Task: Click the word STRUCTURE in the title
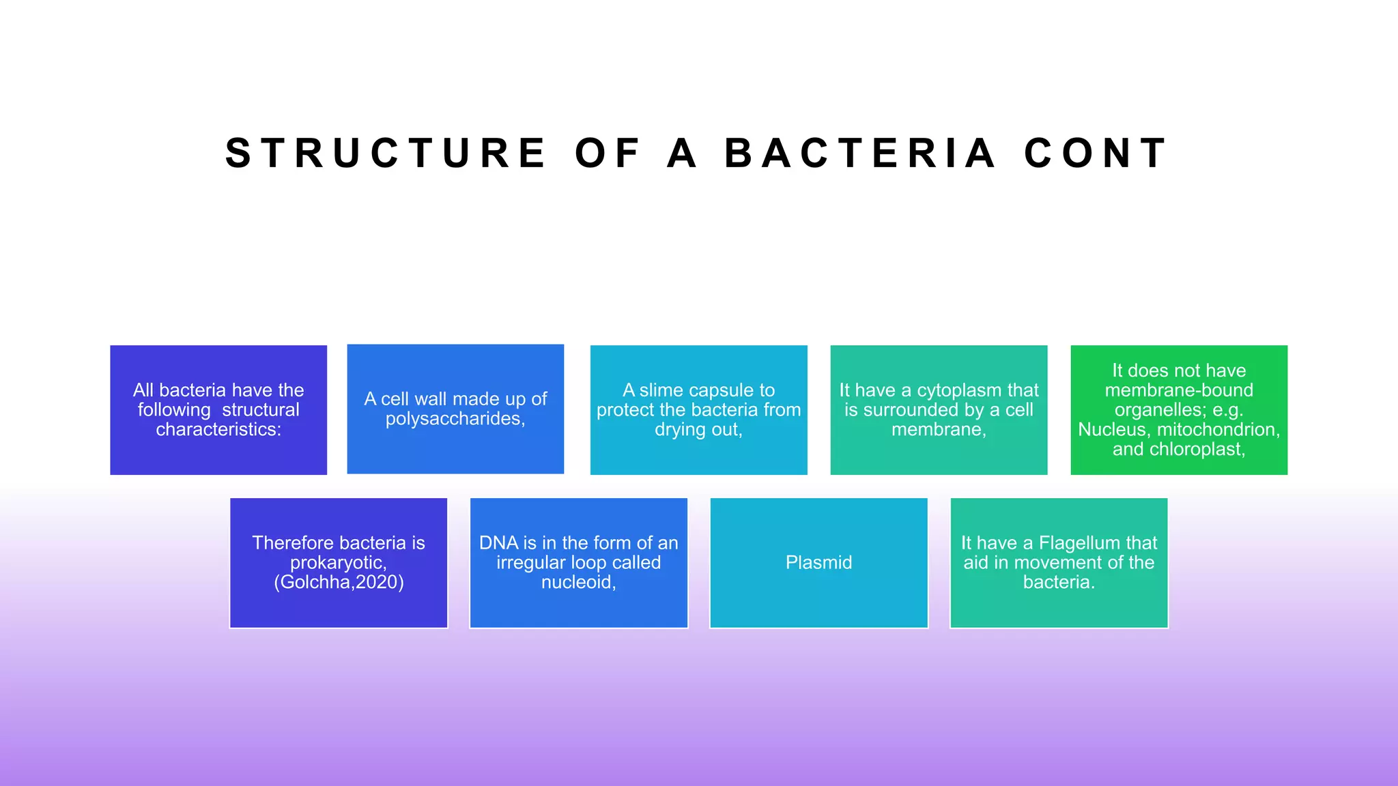pyautogui.click(x=386, y=153)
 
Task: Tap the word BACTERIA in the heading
pyautogui.click(x=860, y=153)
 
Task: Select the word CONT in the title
pyautogui.click(x=1096, y=153)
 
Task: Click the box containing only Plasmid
pyautogui.click(x=818, y=563)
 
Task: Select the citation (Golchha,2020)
pyautogui.click(x=339, y=582)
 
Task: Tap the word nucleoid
pyautogui.click(x=577, y=582)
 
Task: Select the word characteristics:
pyautogui.click(x=218, y=429)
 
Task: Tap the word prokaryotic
pyautogui.click(x=338, y=562)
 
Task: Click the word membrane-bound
pyautogui.click(x=1179, y=390)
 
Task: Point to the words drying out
pyautogui.click(x=697, y=429)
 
